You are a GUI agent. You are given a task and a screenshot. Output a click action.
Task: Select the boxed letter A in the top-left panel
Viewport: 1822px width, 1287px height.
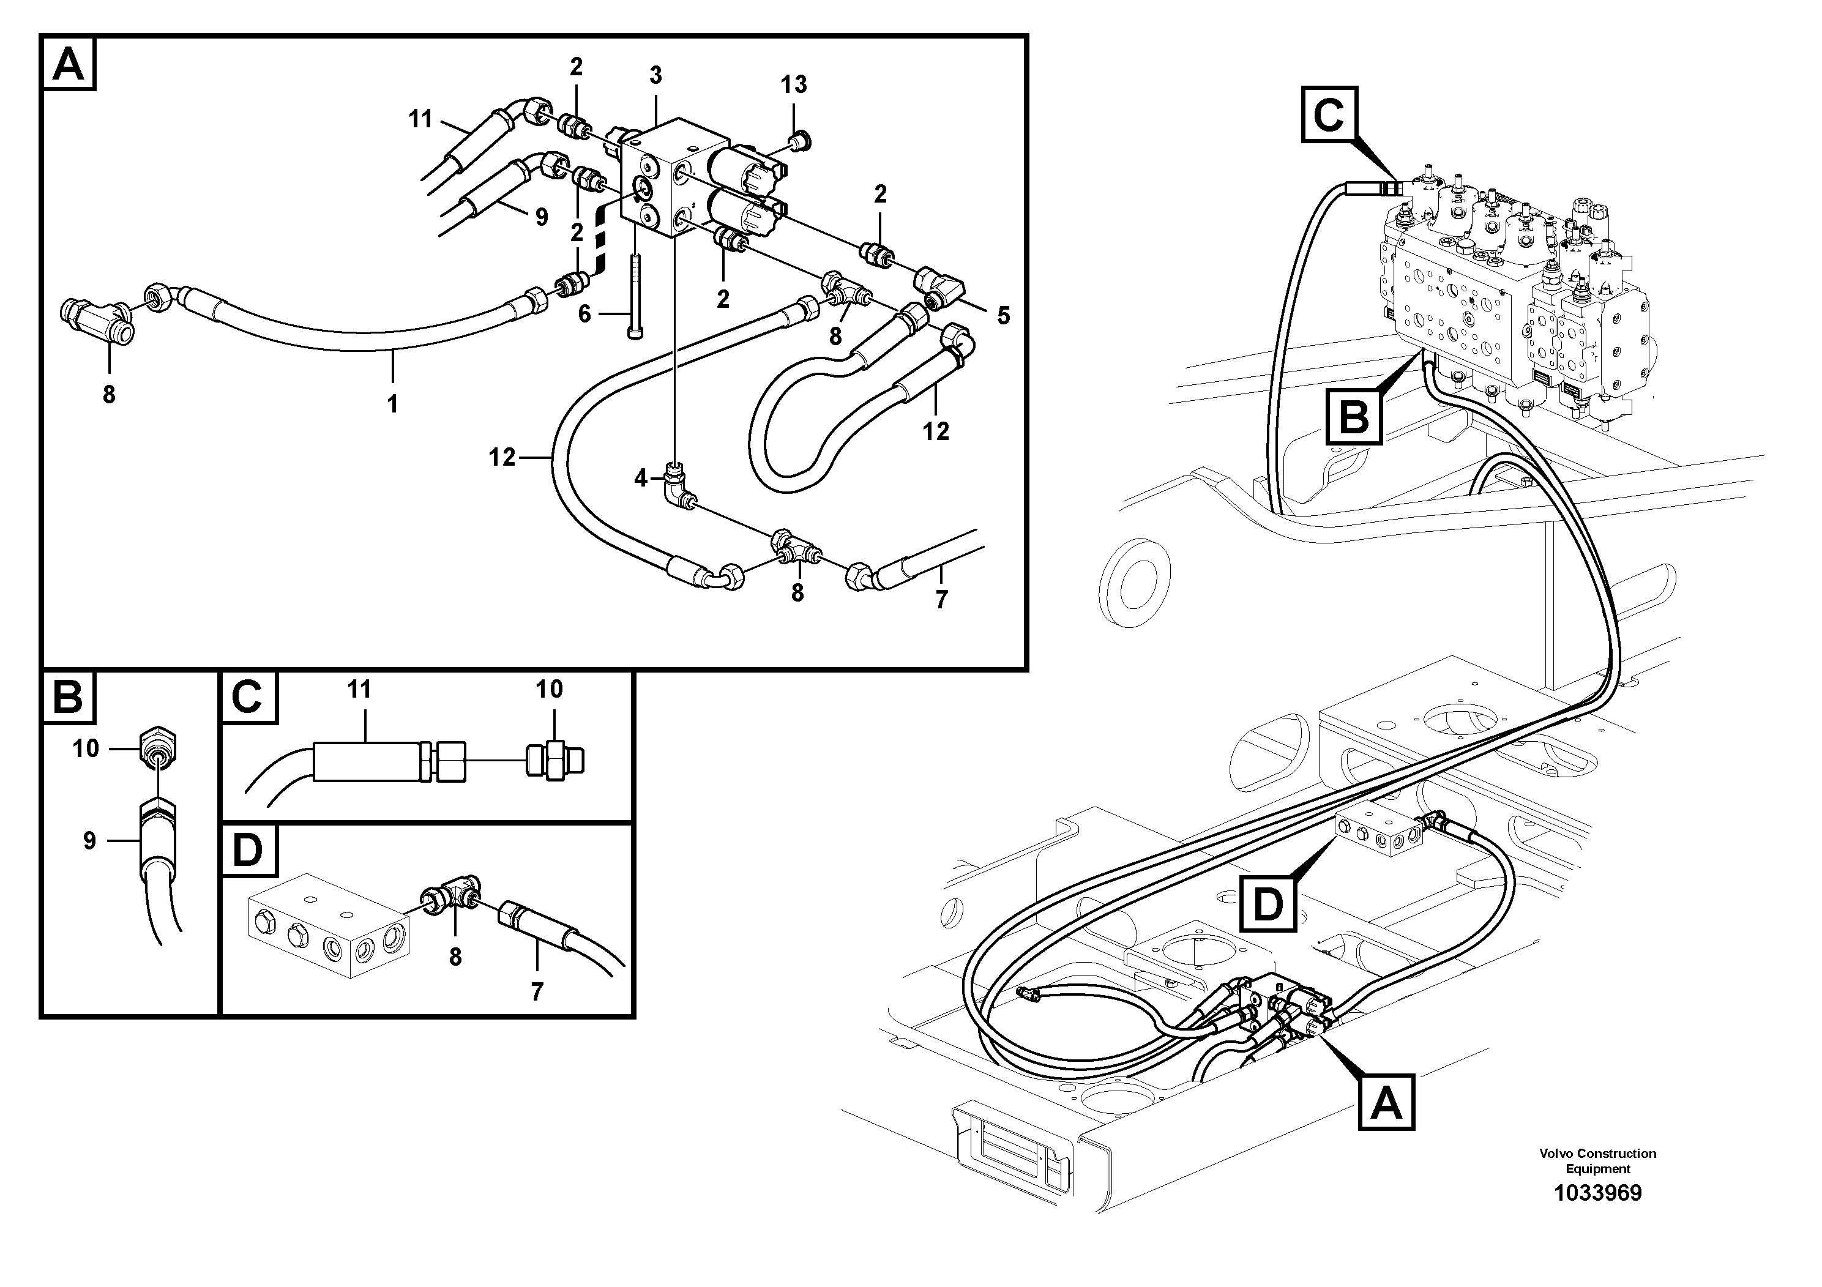[x=69, y=64]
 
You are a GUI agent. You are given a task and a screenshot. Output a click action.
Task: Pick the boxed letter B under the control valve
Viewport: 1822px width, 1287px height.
[x=1354, y=416]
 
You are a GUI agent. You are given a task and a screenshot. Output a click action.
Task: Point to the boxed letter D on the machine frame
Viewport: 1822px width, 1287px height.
[x=1268, y=903]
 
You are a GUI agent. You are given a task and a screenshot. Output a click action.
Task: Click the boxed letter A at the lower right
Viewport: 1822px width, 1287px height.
[x=1386, y=1103]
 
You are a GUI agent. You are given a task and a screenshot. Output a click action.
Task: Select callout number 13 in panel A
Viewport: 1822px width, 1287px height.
[x=794, y=85]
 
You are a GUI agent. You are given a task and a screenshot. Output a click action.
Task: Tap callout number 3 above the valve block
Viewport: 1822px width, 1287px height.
[x=655, y=75]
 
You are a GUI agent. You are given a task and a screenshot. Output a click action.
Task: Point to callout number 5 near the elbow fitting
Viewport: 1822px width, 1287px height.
[x=1004, y=316]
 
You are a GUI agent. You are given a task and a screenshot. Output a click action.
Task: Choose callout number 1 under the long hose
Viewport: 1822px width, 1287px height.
[x=392, y=405]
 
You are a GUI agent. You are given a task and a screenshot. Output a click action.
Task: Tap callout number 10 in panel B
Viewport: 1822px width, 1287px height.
[x=86, y=748]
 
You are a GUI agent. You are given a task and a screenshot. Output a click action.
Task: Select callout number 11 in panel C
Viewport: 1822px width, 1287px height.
[x=359, y=690]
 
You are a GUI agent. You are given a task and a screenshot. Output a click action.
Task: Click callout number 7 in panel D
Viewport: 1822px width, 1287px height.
[x=537, y=992]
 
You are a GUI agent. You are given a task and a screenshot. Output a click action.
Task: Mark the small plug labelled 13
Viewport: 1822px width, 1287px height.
[x=794, y=142]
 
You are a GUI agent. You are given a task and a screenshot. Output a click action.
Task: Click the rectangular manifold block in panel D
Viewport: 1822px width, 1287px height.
[x=329, y=925]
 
